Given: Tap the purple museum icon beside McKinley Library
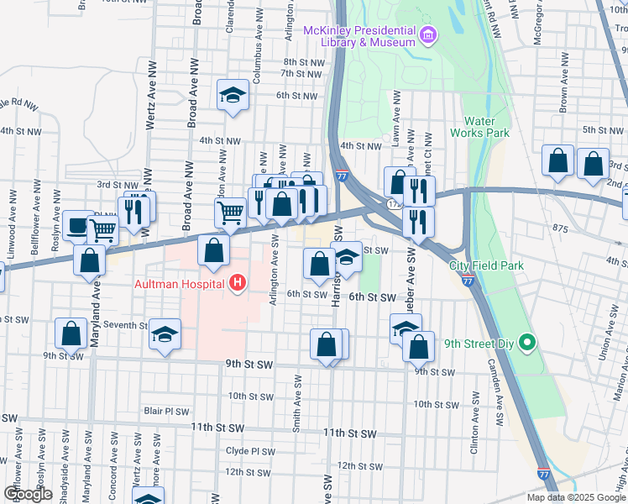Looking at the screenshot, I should [x=429, y=34].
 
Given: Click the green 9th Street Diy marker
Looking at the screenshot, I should [x=526, y=343].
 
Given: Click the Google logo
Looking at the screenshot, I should [x=28, y=493].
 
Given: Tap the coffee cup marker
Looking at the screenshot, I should [x=78, y=224].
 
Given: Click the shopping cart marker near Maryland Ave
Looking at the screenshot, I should [x=102, y=228].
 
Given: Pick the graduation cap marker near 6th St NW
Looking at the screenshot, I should [x=233, y=94].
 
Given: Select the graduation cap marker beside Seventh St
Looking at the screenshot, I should [x=165, y=334].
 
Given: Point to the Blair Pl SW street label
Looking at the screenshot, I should [x=166, y=412].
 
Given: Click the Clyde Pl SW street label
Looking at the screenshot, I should [x=250, y=451].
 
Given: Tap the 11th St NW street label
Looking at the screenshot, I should [x=217, y=428].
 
